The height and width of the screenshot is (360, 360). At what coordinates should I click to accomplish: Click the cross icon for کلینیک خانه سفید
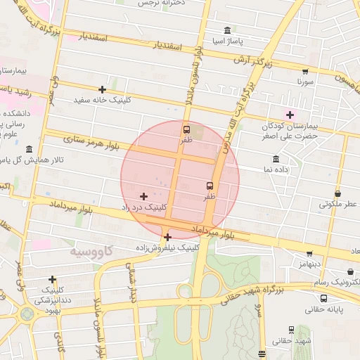[103, 89]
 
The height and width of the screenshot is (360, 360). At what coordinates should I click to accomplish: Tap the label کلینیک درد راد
[145, 207]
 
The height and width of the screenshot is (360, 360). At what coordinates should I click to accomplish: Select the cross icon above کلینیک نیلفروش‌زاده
[167, 237]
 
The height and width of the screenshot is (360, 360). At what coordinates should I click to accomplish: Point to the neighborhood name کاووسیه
[91, 251]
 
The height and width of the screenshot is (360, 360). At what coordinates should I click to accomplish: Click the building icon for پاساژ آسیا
[227, 30]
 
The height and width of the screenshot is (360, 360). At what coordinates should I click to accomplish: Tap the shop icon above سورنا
[304, 71]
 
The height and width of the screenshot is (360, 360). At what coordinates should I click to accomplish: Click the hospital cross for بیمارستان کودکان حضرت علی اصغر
[290, 115]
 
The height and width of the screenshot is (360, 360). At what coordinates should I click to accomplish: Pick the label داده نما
[276, 170]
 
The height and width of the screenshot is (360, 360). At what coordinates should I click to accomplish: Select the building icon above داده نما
[276, 159]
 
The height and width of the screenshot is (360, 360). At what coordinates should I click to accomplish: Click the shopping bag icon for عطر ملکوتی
[338, 193]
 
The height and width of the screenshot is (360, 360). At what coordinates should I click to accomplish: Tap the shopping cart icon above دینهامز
[309, 253]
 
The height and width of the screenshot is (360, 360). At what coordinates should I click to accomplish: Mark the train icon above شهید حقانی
[291, 330]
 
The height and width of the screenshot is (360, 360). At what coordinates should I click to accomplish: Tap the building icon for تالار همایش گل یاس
[29, 149]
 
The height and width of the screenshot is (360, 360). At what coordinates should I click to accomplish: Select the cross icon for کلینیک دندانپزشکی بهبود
[53, 279]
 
